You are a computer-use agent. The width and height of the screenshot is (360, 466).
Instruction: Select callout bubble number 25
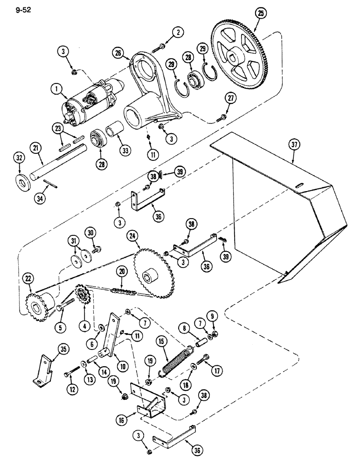coord(260,14)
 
